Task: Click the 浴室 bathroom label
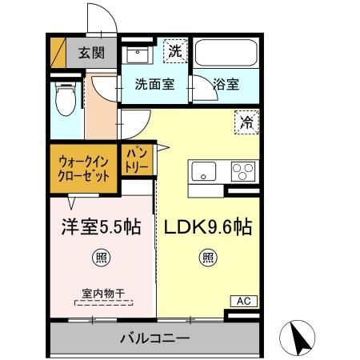224,83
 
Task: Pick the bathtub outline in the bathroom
225,54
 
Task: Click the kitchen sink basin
202,171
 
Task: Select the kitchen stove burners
242,171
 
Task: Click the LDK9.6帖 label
208,227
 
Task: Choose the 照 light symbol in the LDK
207,258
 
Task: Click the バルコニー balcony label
154,337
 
